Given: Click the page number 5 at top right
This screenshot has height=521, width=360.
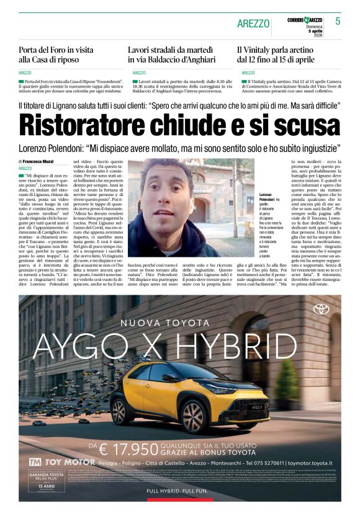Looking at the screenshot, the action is (338, 21).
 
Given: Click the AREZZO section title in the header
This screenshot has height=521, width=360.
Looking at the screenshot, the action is (253, 24).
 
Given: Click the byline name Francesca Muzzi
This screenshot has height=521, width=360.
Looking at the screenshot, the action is (40, 161).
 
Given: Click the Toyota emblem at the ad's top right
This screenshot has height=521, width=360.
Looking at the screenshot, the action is (320, 308).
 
